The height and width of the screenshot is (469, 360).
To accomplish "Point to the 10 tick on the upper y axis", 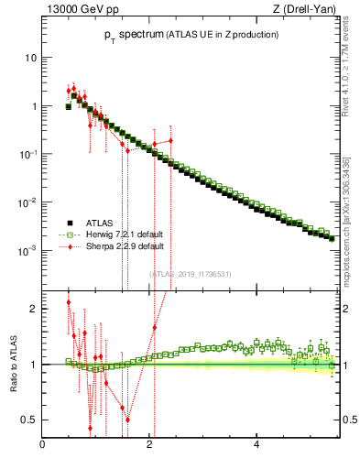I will [30, 58].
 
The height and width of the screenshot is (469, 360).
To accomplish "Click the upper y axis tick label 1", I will [33, 106].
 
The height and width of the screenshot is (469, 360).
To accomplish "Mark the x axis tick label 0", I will [42, 444].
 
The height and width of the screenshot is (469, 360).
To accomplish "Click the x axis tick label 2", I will [149, 444].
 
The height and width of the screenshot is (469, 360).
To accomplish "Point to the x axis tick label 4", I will [256, 444].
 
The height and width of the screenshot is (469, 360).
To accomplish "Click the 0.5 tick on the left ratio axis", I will [30, 420].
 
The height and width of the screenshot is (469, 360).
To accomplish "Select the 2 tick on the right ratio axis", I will [349, 309].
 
